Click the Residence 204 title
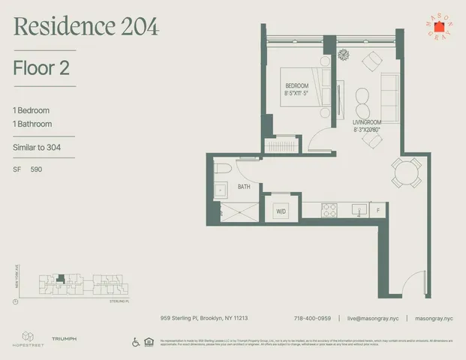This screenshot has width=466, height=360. pyautogui.click(x=86, y=27)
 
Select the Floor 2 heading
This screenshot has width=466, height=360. pyautogui.click(x=42, y=68)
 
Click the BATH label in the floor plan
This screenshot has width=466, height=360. pyautogui.click(x=244, y=186)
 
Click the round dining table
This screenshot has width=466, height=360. pyautogui.click(x=406, y=172)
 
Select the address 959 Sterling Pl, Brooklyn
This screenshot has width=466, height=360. pyautogui.click(x=204, y=318)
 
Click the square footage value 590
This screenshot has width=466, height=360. pyautogui.click(x=36, y=170)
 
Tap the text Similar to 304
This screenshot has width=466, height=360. pyautogui.click(x=37, y=147)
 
